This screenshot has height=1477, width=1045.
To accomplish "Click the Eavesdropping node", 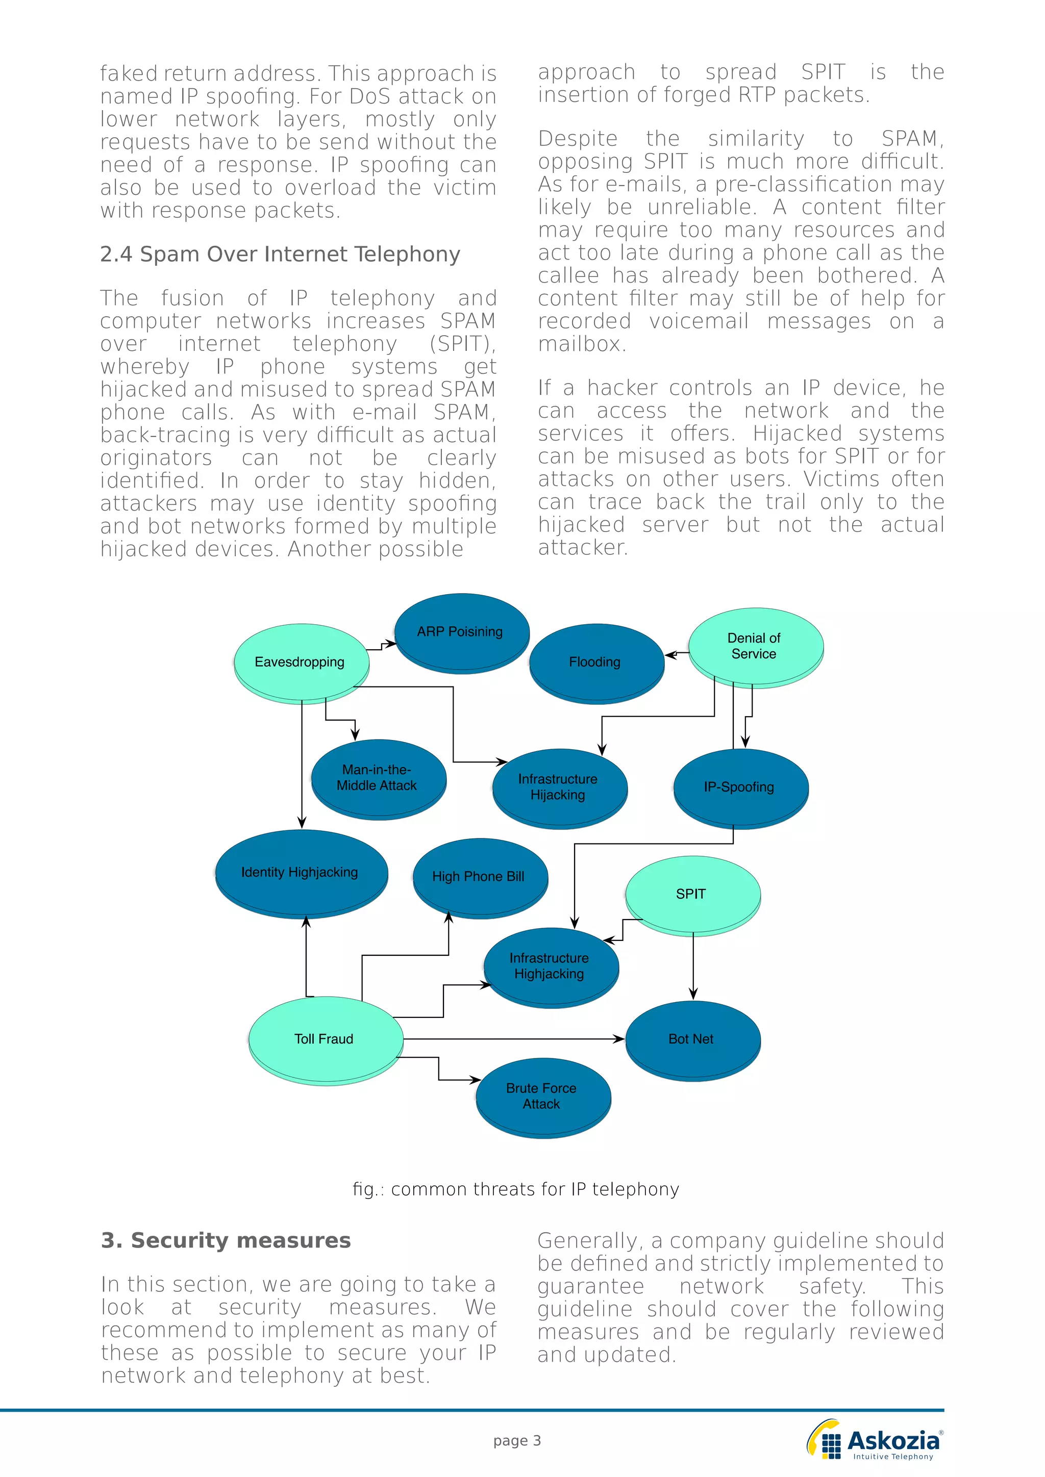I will coord(301,662).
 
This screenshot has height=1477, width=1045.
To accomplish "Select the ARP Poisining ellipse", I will coord(461,632).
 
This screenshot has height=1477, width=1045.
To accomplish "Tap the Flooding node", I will coord(595,662).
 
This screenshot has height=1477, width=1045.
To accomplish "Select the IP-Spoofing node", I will coord(740,787).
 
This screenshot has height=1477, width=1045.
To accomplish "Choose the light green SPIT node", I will coord(692,894).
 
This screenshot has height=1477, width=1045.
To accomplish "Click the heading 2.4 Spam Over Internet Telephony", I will coord(280,254).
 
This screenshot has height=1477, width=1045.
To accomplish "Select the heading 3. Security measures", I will coord(226,1240).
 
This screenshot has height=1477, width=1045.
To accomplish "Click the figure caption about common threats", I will coord(515,1189).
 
